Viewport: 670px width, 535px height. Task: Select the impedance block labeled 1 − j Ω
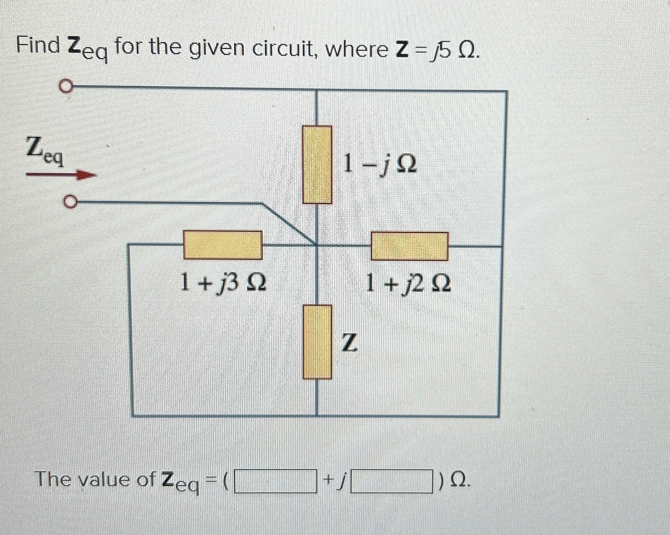317,165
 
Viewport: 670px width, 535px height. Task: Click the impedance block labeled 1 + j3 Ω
223,245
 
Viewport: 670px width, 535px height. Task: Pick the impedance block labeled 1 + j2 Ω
410,246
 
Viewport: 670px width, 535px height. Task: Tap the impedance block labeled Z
317,341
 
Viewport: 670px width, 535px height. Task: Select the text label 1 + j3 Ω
223,282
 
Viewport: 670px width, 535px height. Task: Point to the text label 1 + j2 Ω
408,283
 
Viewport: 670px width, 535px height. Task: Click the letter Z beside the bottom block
349,342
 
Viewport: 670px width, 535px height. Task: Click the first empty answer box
276,481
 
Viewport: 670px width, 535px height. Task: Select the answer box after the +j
392,481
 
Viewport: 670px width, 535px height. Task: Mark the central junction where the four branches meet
316,246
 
